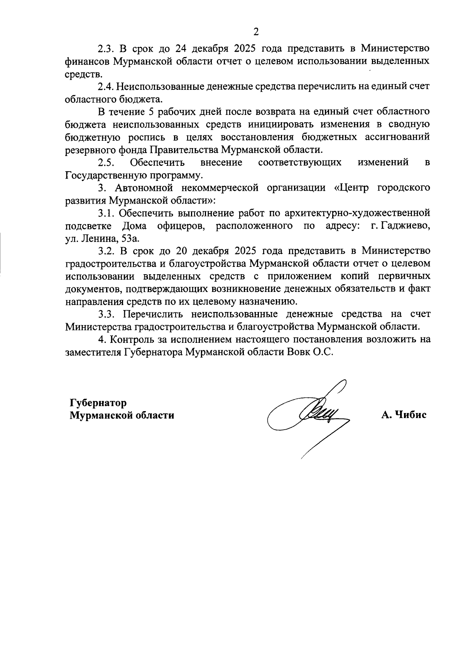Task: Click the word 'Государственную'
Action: [x=103, y=175]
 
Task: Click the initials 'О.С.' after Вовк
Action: [x=322, y=352]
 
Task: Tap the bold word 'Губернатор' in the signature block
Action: [x=98, y=403]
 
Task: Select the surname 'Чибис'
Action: [x=411, y=415]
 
